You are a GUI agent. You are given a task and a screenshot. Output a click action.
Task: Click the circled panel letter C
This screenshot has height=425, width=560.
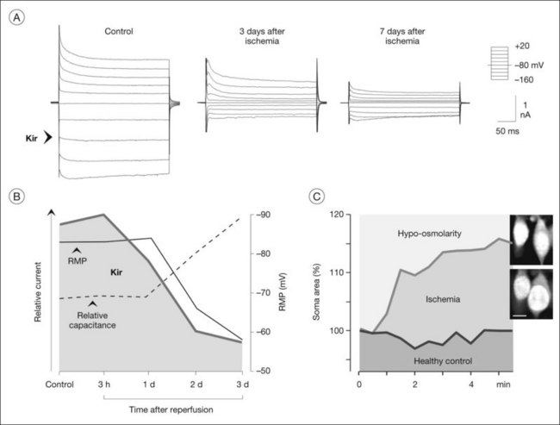(318, 197)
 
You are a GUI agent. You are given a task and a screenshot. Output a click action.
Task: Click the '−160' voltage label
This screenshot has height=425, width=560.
(522, 78)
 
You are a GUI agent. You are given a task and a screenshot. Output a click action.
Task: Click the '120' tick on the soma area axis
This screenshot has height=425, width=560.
(342, 214)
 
